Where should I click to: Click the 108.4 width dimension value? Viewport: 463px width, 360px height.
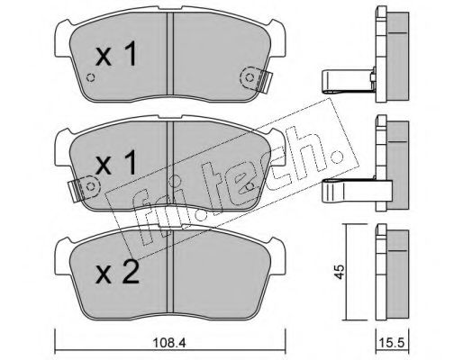[169, 342]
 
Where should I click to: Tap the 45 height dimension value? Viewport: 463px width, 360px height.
[340, 272]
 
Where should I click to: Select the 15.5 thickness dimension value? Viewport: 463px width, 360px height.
[393, 342]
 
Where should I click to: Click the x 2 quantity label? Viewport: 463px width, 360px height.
[117, 273]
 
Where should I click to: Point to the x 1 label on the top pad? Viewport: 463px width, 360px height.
[116, 54]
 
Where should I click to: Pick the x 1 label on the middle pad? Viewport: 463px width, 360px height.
[116, 163]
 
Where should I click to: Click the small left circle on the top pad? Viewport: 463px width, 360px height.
[90, 77]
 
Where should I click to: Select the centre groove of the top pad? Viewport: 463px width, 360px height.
[170, 53]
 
